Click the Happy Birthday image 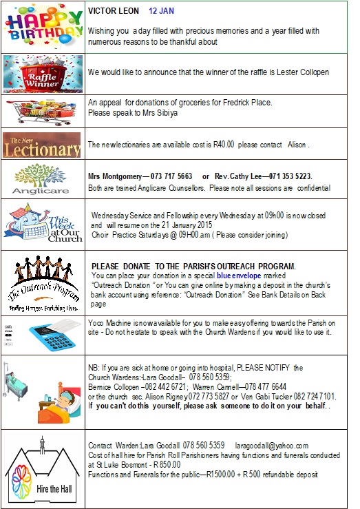click(x=43, y=25)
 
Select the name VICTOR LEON click(x=112, y=12)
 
